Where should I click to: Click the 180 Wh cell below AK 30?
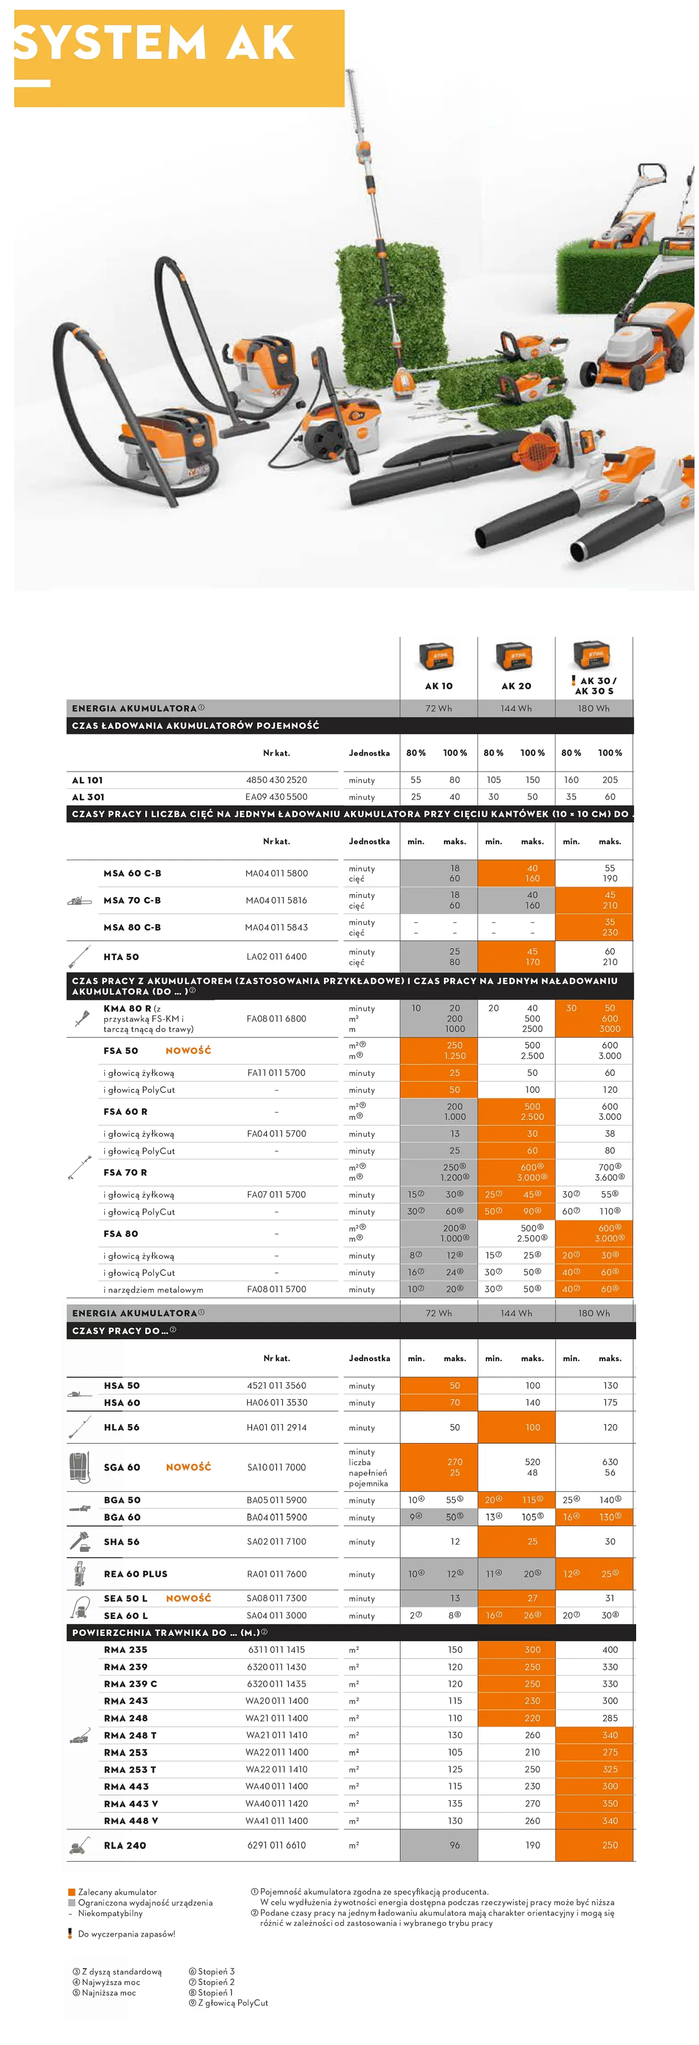click(594, 708)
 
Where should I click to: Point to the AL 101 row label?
click(87, 780)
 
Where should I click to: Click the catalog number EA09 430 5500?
click(276, 797)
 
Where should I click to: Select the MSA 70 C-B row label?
click(132, 900)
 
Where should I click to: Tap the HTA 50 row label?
click(121, 957)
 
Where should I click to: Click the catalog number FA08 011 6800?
click(276, 1019)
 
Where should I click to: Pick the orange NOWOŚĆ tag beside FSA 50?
click(188, 1050)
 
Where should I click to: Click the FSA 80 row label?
click(121, 1234)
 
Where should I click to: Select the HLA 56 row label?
click(121, 1428)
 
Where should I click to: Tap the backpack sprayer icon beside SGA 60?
click(79, 1467)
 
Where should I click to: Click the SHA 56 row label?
click(121, 1541)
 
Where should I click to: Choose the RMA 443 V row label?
click(130, 1804)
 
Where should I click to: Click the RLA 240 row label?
click(124, 1846)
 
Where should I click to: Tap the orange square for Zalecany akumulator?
click(71, 1892)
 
